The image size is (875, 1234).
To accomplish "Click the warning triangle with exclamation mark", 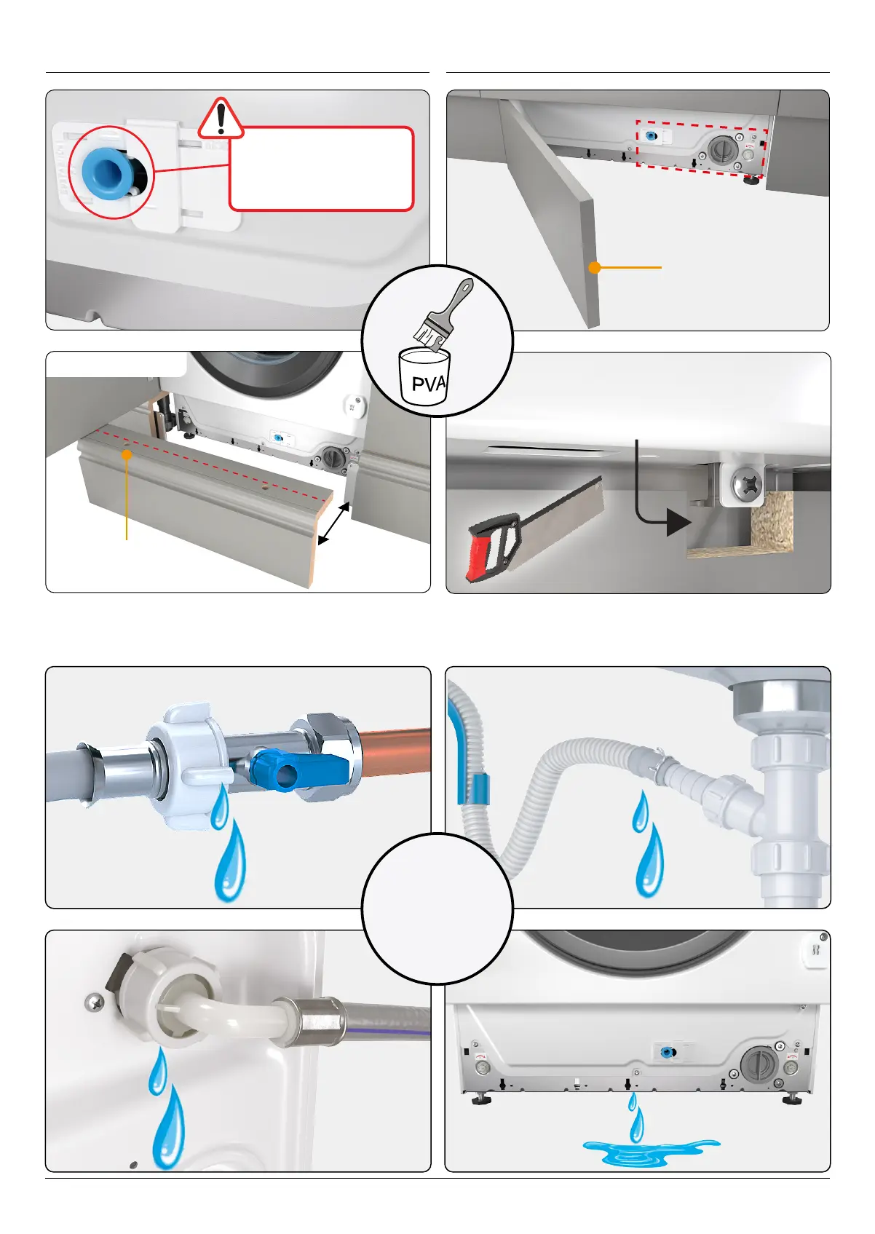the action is pyautogui.click(x=221, y=119).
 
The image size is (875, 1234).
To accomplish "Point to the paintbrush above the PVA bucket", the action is pyautogui.click(x=443, y=315).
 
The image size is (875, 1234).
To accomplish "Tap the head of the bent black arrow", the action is pyautogui.click(x=678, y=522).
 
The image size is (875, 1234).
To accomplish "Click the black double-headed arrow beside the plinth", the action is pyautogui.click(x=334, y=523).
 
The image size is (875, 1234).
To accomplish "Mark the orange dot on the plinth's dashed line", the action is pyautogui.click(x=127, y=454).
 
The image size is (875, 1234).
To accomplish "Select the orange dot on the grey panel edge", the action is pyautogui.click(x=594, y=268).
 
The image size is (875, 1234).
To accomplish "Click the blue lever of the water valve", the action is pyautogui.click(x=298, y=770).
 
